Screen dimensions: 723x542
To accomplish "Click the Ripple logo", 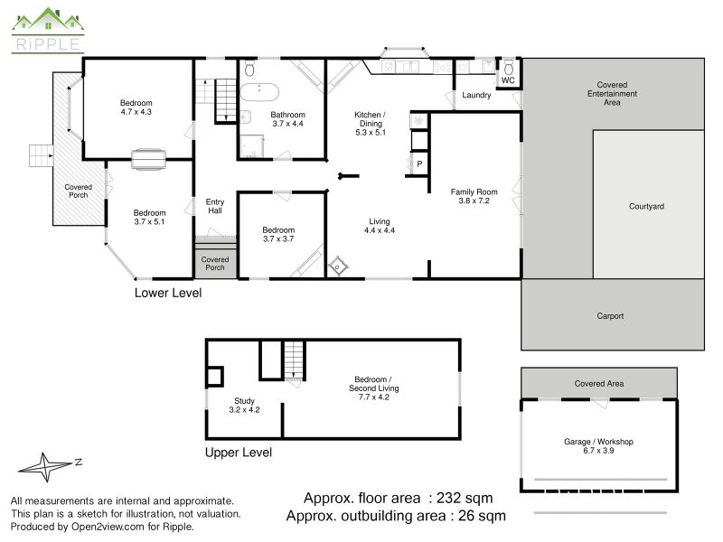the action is (48, 30).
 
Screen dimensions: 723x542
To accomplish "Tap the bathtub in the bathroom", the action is (259, 92).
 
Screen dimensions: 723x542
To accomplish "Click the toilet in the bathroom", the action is (249, 68).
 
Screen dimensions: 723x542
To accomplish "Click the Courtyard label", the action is (646, 207).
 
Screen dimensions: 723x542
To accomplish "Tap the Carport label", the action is (610, 316).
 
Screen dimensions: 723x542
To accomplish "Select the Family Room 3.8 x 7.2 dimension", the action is (474, 201).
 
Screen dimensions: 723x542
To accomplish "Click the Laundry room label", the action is (476, 95).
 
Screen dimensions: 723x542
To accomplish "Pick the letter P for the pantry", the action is (419, 164).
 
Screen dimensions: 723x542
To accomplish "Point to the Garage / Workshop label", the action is (598, 442).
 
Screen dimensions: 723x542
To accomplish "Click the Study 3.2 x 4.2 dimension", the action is (244, 410).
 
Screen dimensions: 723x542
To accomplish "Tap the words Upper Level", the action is (239, 453).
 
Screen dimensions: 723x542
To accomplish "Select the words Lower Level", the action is (168, 293).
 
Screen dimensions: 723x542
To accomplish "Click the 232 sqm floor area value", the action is (465, 499).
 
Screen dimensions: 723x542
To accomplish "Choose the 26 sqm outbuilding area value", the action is (482, 516).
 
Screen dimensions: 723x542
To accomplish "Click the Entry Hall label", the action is (215, 206).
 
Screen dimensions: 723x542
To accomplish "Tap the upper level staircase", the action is (295, 360).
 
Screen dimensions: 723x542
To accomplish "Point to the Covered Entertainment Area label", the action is (612, 94).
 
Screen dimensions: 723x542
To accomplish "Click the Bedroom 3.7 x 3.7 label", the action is (278, 234).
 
